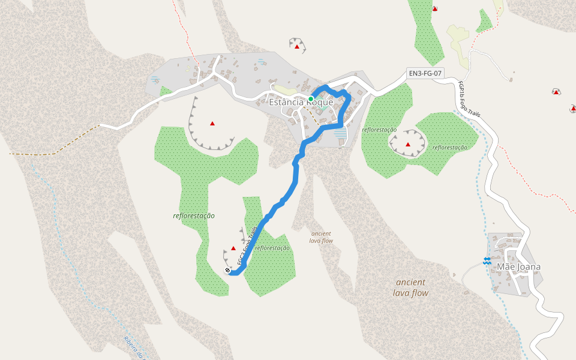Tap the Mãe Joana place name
coord(518,267)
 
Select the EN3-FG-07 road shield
coord(425,74)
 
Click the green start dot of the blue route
coord(311,98)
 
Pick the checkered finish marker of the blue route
coord(228,271)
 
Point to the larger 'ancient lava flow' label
coord(410,287)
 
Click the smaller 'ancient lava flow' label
coord(321,237)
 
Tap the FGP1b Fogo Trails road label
coord(469,99)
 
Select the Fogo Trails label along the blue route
coord(248,246)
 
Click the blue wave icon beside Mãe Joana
coord(487,260)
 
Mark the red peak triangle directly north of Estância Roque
coord(296,46)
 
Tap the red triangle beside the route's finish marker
coord(233,248)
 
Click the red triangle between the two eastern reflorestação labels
coord(408,145)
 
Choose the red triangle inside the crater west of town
coord(212,124)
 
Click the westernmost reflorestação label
coord(194,215)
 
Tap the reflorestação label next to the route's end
coord(272,248)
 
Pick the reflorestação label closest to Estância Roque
coord(379,130)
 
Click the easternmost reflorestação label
coord(450,148)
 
